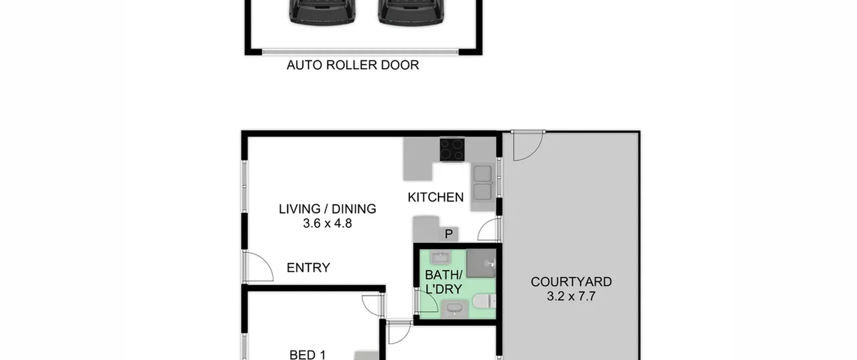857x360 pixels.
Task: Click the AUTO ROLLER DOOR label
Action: tap(353, 65)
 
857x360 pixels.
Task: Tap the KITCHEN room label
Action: tap(436, 197)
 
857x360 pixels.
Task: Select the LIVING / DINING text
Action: tap(327, 209)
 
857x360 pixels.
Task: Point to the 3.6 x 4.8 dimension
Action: tap(327, 223)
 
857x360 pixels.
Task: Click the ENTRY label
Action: tap(308, 268)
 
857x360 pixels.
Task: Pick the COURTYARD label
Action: tap(571, 282)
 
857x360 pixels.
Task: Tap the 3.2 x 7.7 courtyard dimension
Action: tap(571, 296)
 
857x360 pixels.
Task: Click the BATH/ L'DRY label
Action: tap(444, 282)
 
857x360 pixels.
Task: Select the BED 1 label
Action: tap(307, 355)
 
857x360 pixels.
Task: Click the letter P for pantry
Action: tap(449, 234)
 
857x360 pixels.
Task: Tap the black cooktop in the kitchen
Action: tap(452, 149)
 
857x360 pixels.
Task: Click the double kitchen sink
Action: tap(482, 183)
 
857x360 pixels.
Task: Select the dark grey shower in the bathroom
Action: tap(481, 263)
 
